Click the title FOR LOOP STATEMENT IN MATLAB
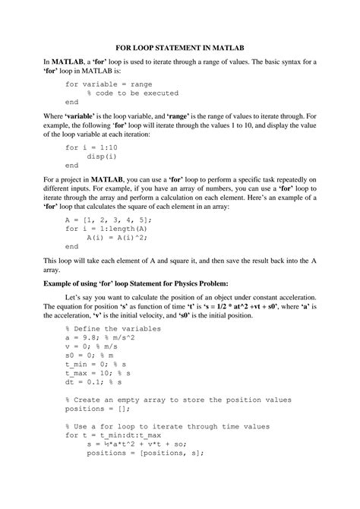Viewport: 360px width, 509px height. tap(179, 47)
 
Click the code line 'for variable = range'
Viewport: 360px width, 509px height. tap(109, 84)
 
